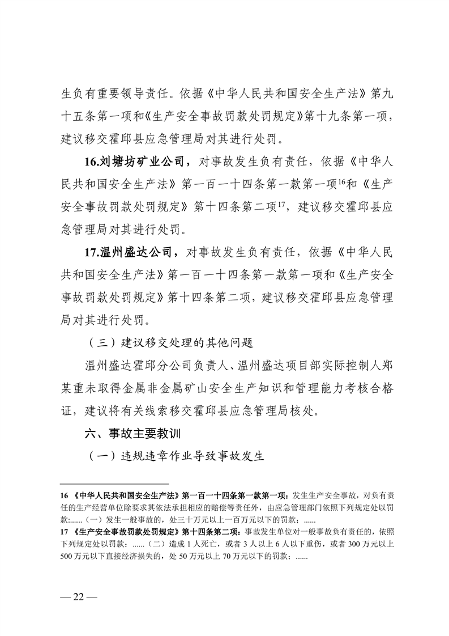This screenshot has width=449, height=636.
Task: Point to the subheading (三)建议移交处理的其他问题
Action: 170,344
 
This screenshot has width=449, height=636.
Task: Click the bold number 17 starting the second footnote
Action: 65,532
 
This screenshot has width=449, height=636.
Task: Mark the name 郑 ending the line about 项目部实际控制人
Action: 382,367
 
